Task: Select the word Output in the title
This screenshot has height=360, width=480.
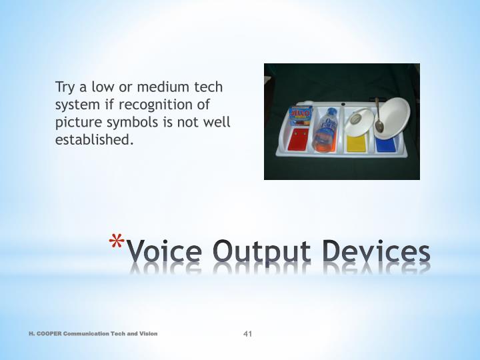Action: tap(262, 253)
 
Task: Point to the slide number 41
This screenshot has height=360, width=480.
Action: tap(247, 333)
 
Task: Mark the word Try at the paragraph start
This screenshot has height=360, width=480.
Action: tap(65, 87)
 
